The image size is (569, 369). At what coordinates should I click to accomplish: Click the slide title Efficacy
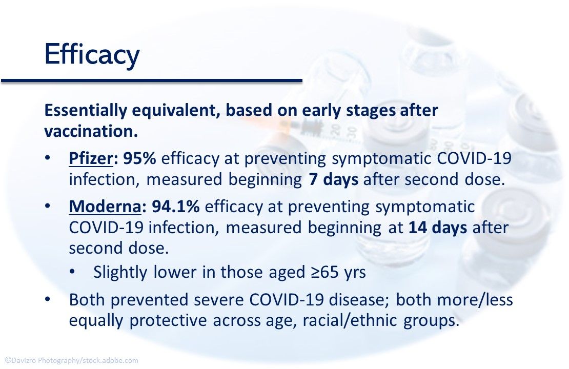(92, 55)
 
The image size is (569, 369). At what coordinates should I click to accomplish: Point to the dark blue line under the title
(152, 80)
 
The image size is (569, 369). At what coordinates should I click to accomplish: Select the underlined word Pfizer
(90, 159)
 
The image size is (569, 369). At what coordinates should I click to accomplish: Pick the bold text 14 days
(437, 228)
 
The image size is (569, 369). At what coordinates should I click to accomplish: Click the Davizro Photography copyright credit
(71, 361)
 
